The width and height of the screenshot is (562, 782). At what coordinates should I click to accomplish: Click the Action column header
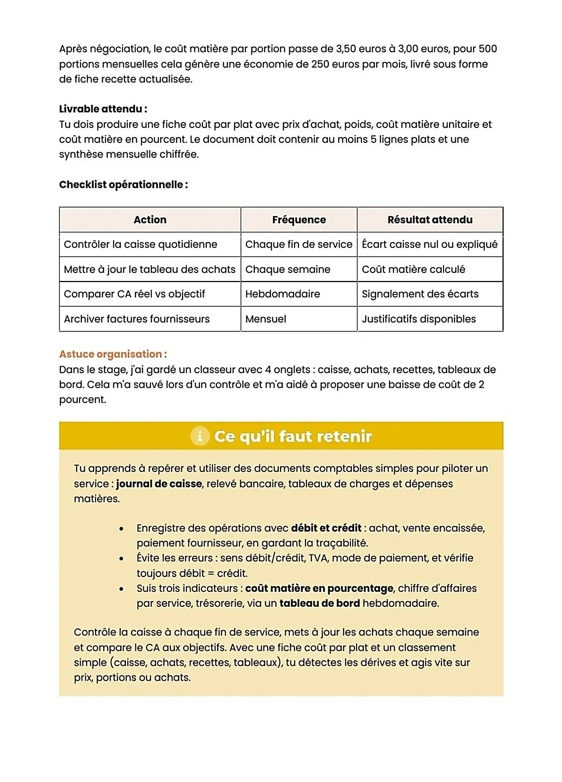tap(150, 220)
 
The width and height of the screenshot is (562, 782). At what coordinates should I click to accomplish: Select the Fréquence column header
tap(299, 220)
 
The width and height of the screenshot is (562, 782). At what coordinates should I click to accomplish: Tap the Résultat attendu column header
tap(430, 220)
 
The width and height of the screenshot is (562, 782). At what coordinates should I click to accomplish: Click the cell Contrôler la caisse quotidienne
tap(140, 244)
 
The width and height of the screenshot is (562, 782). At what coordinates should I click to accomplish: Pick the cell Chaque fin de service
tap(299, 244)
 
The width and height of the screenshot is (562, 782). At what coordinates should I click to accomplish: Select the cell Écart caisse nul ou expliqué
tap(429, 244)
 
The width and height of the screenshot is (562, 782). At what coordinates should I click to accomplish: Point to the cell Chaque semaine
tap(288, 269)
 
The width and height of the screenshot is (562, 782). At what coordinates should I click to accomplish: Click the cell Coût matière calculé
tap(414, 269)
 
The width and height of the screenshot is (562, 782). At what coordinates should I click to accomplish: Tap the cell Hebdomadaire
tap(282, 294)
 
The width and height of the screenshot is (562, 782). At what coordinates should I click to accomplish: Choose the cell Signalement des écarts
tap(420, 294)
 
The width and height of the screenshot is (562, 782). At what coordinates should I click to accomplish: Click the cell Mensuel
tap(266, 319)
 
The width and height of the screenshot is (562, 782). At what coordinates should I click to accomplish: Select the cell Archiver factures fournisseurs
tap(137, 319)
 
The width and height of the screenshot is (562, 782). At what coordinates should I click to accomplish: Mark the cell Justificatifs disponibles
tap(419, 319)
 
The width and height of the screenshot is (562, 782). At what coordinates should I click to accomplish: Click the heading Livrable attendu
tap(103, 109)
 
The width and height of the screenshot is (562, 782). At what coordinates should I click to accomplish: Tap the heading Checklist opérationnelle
tap(123, 184)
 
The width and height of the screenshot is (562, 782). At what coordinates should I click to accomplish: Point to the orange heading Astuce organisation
tap(113, 354)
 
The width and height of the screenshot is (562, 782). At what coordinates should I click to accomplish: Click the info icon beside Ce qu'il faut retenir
tap(200, 436)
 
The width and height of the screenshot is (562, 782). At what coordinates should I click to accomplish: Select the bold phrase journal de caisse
tap(159, 484)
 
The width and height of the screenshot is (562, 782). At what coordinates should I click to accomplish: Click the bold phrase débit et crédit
tap(326, 528)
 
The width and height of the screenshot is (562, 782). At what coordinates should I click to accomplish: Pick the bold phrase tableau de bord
tap(319, 603)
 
